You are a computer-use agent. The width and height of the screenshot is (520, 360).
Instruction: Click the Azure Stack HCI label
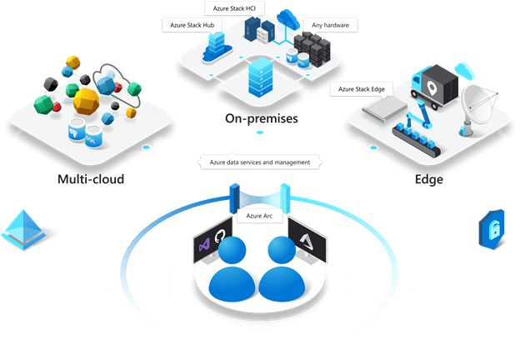point(233,9)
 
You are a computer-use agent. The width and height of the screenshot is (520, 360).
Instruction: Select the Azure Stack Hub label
point(192,26)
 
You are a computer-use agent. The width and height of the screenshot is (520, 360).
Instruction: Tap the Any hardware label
point(330,25)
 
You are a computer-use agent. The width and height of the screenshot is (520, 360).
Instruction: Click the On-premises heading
point(261,118)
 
